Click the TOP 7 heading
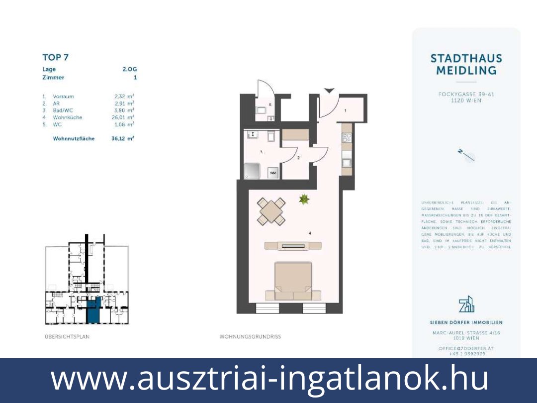coord(55,57)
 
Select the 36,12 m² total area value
coord(123,139)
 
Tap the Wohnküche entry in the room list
coord(68,117)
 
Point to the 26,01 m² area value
coord(124,117)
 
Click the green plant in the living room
coord(304,200)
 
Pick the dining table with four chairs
coord(271,211)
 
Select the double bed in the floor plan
coord(293,281)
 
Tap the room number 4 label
coord(309,233)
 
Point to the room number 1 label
coord(346,110)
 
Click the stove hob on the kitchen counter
coord(347,138)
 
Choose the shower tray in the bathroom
coord(253,172)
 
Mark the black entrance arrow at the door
coord(329,90)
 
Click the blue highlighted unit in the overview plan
coord(93,310)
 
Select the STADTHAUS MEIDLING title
coord(466,65)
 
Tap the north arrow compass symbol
coord(466,155)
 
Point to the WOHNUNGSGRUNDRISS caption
coord(250,337)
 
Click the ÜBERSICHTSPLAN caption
coord(67,337)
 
